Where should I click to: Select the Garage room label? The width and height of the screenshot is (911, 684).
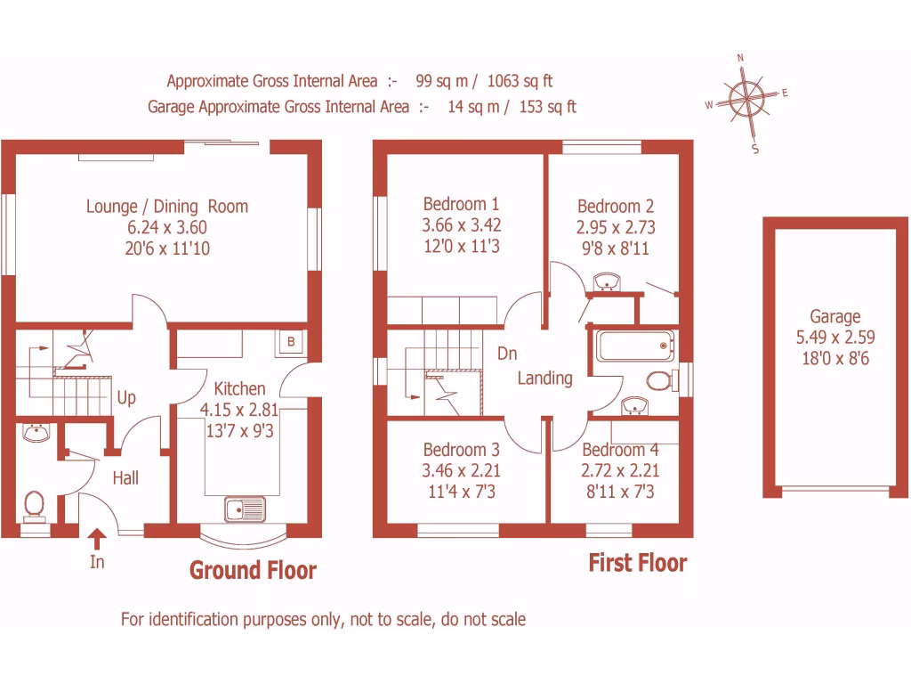click(834, 316)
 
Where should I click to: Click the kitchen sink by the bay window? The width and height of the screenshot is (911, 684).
click(245, 510)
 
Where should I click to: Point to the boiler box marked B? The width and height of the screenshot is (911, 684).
click(290, 342)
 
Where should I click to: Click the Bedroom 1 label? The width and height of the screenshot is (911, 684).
click(461, 204)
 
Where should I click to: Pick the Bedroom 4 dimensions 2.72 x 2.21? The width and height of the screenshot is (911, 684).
click(620, 470)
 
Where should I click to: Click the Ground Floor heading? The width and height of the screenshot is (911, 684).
click(253, 570)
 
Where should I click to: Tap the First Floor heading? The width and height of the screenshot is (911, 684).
click(638, 563)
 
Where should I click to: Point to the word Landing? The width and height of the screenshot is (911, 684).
click(545, 378)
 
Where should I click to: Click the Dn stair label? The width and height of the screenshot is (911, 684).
click(507, 354)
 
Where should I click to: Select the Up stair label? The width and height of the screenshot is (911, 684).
click(126, 397)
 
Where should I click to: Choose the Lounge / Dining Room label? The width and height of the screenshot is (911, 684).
click(167, 207)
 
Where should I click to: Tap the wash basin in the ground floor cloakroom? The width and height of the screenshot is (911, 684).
click(36, 434)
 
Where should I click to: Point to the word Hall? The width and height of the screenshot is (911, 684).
click(125, 478)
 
